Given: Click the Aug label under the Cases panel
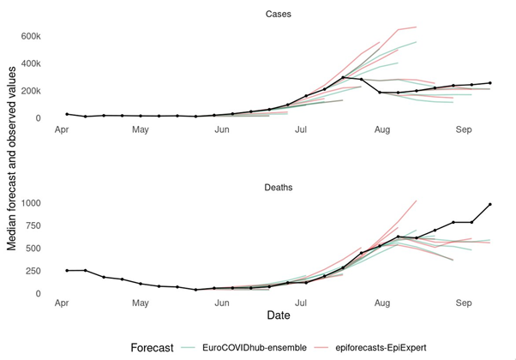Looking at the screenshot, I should click(x=381, y=129).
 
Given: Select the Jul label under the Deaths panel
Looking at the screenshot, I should click(x=301, y=303).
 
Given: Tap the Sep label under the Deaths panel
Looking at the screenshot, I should click(x=464, y=303).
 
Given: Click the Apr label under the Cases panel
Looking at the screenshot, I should click(x=62, y=129).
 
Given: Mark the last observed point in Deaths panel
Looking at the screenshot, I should click(x=490, y=205).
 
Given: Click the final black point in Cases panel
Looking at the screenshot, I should click(x=490, y=83).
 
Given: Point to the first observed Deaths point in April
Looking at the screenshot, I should click(x=67, y=271).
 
